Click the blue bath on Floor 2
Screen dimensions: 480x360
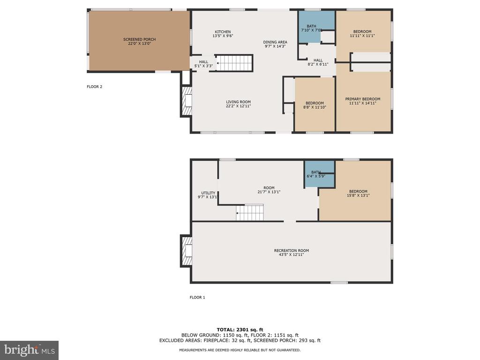click(316, 27)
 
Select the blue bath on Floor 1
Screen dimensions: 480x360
click(319, 174)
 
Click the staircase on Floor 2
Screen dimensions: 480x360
click(235, 63)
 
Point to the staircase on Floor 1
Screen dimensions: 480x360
click(250, 213)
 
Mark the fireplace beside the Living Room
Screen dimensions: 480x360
click(187, 101)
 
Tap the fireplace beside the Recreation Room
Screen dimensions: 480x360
click(187, 251)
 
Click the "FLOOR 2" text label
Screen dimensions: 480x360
click(95, 87)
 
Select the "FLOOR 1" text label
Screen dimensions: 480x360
click(197, 297)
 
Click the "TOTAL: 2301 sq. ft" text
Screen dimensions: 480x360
click(240, 330)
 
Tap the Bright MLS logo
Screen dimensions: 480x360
click(30, 350)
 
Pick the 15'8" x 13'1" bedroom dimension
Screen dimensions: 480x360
click(358, 195)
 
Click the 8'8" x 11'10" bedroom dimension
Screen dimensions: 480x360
click(315, 107)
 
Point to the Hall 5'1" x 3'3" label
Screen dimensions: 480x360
click(203, 64)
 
